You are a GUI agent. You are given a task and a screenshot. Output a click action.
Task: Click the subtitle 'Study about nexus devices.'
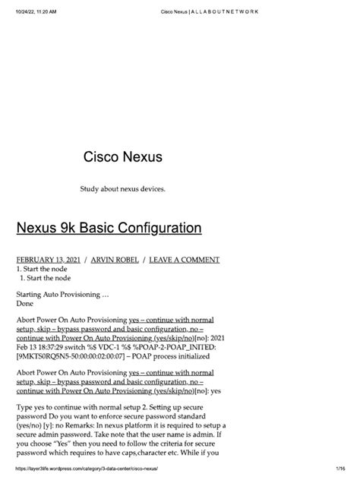tap(122, 188)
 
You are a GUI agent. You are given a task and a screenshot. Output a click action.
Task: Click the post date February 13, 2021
tap(49, 260)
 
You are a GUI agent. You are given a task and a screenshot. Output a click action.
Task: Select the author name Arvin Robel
tap(115, 260)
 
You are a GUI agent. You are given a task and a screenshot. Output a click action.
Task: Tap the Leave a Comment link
tap(185, 260)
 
